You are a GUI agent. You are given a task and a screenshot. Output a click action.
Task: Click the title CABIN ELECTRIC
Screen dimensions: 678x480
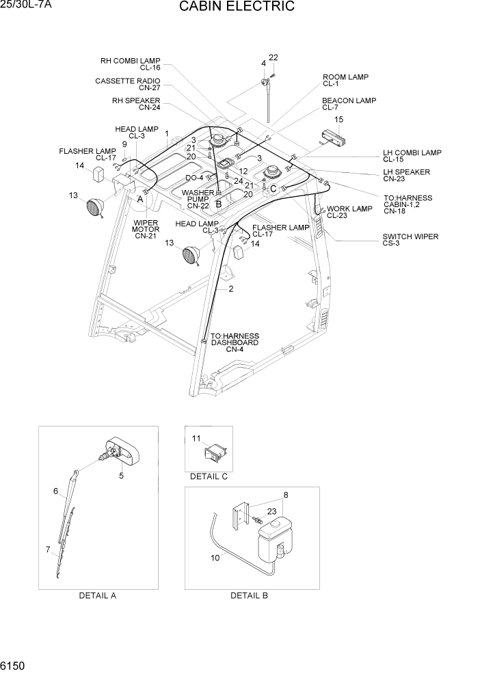237,7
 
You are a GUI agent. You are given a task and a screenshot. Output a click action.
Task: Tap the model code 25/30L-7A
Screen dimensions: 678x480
27,5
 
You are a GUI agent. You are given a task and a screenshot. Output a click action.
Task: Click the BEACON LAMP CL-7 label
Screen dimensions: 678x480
349,104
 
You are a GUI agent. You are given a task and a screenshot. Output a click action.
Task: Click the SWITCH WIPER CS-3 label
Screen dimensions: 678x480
410,240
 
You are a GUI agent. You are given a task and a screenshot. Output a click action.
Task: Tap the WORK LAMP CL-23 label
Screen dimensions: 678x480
349,212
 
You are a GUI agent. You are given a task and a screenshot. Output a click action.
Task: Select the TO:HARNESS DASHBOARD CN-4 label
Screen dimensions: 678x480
235,342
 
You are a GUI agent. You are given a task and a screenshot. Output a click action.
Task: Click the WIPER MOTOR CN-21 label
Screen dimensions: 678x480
146,230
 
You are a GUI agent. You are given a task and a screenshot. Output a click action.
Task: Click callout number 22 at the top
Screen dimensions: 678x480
273,57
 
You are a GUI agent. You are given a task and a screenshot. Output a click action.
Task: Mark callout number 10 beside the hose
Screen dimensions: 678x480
216,557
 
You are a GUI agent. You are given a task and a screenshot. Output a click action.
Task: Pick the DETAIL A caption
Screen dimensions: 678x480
98,595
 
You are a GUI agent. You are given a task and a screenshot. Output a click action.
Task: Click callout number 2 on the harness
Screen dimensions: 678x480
231,288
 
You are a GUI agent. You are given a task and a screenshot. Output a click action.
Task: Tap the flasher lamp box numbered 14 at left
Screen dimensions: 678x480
98,175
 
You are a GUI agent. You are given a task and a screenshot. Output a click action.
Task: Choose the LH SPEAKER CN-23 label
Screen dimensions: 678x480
406,176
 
